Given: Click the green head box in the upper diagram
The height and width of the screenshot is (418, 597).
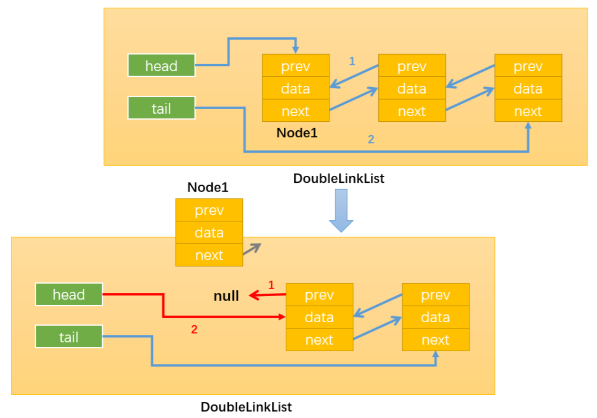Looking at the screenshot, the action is (161, 65).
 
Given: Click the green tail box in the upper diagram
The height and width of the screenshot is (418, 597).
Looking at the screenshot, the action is (161, 108).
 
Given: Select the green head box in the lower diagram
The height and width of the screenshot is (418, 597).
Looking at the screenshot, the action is (69, 294).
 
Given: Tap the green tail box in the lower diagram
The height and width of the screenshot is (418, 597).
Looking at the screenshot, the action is (69, 336).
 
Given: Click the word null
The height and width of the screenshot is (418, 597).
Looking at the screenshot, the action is (226, 296).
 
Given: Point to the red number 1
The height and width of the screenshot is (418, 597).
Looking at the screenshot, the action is (271, 285).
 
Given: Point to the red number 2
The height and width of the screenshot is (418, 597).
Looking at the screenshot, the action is (194, 329).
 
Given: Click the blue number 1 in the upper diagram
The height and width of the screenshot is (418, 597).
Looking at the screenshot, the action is (352, 61).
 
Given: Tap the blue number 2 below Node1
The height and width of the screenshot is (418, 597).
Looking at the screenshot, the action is (371, 139).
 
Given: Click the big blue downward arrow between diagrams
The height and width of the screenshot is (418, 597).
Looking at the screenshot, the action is (341, 210).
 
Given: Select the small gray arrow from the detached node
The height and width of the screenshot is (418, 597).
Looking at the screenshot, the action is (252, 249).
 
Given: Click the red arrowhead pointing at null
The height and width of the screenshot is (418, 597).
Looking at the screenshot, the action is (254, 295).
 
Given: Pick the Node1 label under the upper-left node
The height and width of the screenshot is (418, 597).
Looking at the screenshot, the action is (297, 133).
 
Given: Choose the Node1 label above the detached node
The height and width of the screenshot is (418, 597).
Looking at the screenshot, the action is (208, 187).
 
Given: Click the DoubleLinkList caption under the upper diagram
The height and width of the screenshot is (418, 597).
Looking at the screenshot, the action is (339, 178).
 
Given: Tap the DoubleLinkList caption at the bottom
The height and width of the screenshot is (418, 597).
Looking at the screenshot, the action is (246, 407).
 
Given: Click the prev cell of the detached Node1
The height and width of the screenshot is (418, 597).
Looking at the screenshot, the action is (209, 210).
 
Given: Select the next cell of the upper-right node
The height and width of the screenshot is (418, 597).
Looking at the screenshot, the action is (528, 111).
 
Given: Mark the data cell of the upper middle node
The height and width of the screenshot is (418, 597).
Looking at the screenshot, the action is (412, 88).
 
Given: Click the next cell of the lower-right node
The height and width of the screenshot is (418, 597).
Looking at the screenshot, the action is (436, 340).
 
